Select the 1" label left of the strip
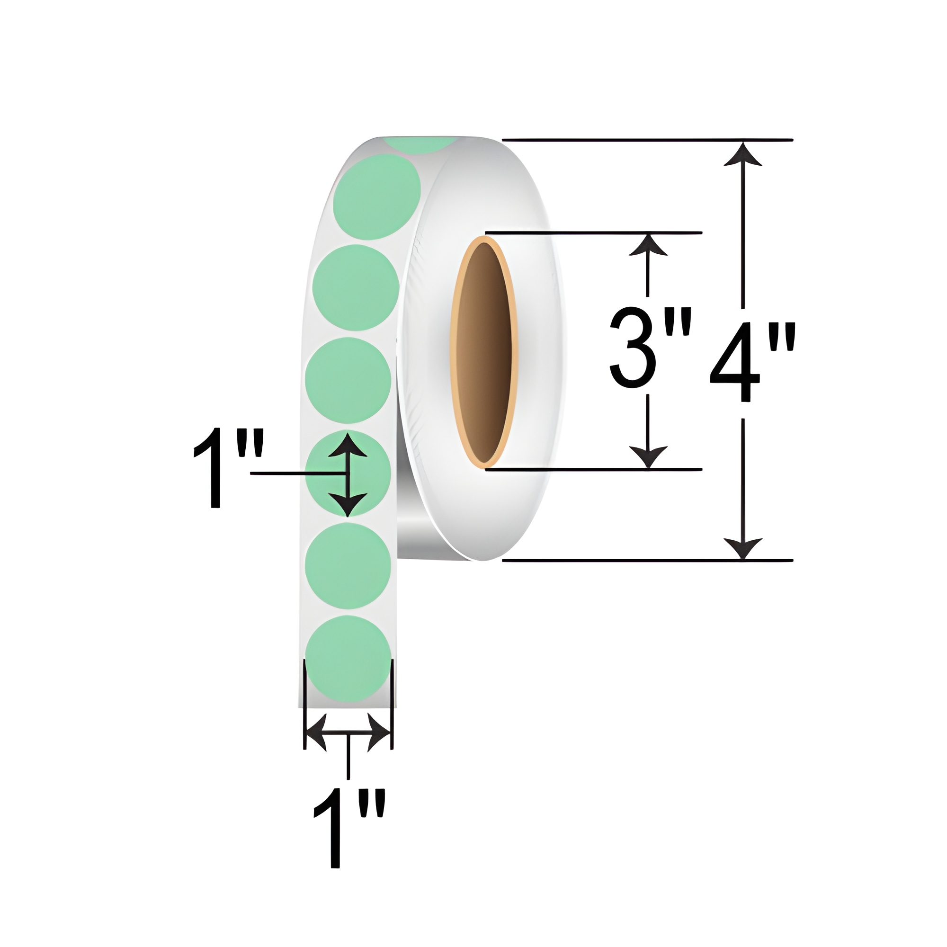coord(228,469)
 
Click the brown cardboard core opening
coord(485,350)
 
